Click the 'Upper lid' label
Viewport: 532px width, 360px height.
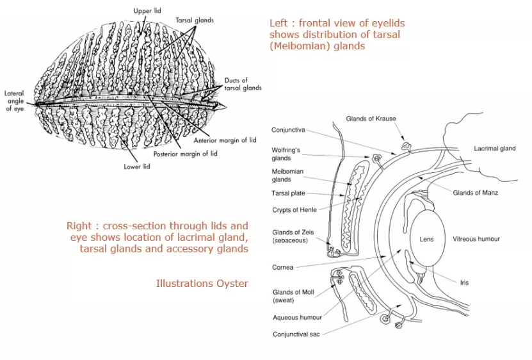147,11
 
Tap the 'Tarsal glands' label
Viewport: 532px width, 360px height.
195,20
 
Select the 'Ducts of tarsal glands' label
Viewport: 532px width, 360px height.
243,85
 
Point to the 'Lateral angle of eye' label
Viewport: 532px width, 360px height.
13,101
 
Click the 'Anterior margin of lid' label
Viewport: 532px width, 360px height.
225,140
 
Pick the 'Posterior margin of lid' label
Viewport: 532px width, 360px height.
185,154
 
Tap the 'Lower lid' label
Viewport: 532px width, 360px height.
137,167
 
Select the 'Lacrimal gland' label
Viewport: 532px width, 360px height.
494,149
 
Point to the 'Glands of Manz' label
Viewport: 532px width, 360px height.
475,193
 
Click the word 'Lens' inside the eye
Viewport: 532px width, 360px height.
426,239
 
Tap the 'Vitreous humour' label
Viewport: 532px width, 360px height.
476,239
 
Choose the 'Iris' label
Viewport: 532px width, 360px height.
464,282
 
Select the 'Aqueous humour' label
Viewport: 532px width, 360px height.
297,317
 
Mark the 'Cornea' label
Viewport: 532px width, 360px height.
284,267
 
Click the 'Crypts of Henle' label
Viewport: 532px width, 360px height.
294,209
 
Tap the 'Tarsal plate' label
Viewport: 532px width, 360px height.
288,193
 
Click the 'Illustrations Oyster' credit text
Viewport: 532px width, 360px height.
202,283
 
